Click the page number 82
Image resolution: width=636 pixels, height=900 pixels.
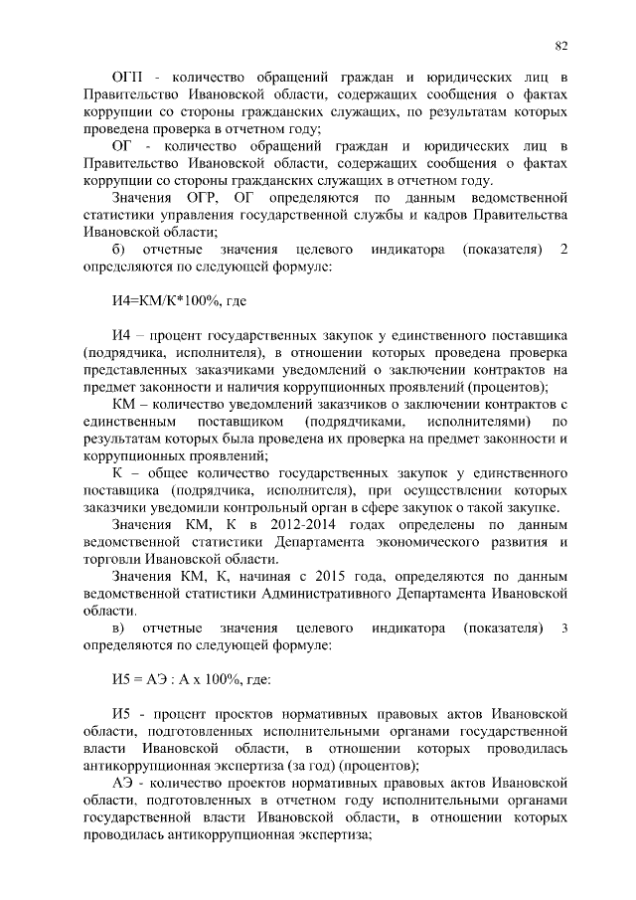tap(560, 45)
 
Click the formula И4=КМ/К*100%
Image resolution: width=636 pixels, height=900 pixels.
tap(171, 299)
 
